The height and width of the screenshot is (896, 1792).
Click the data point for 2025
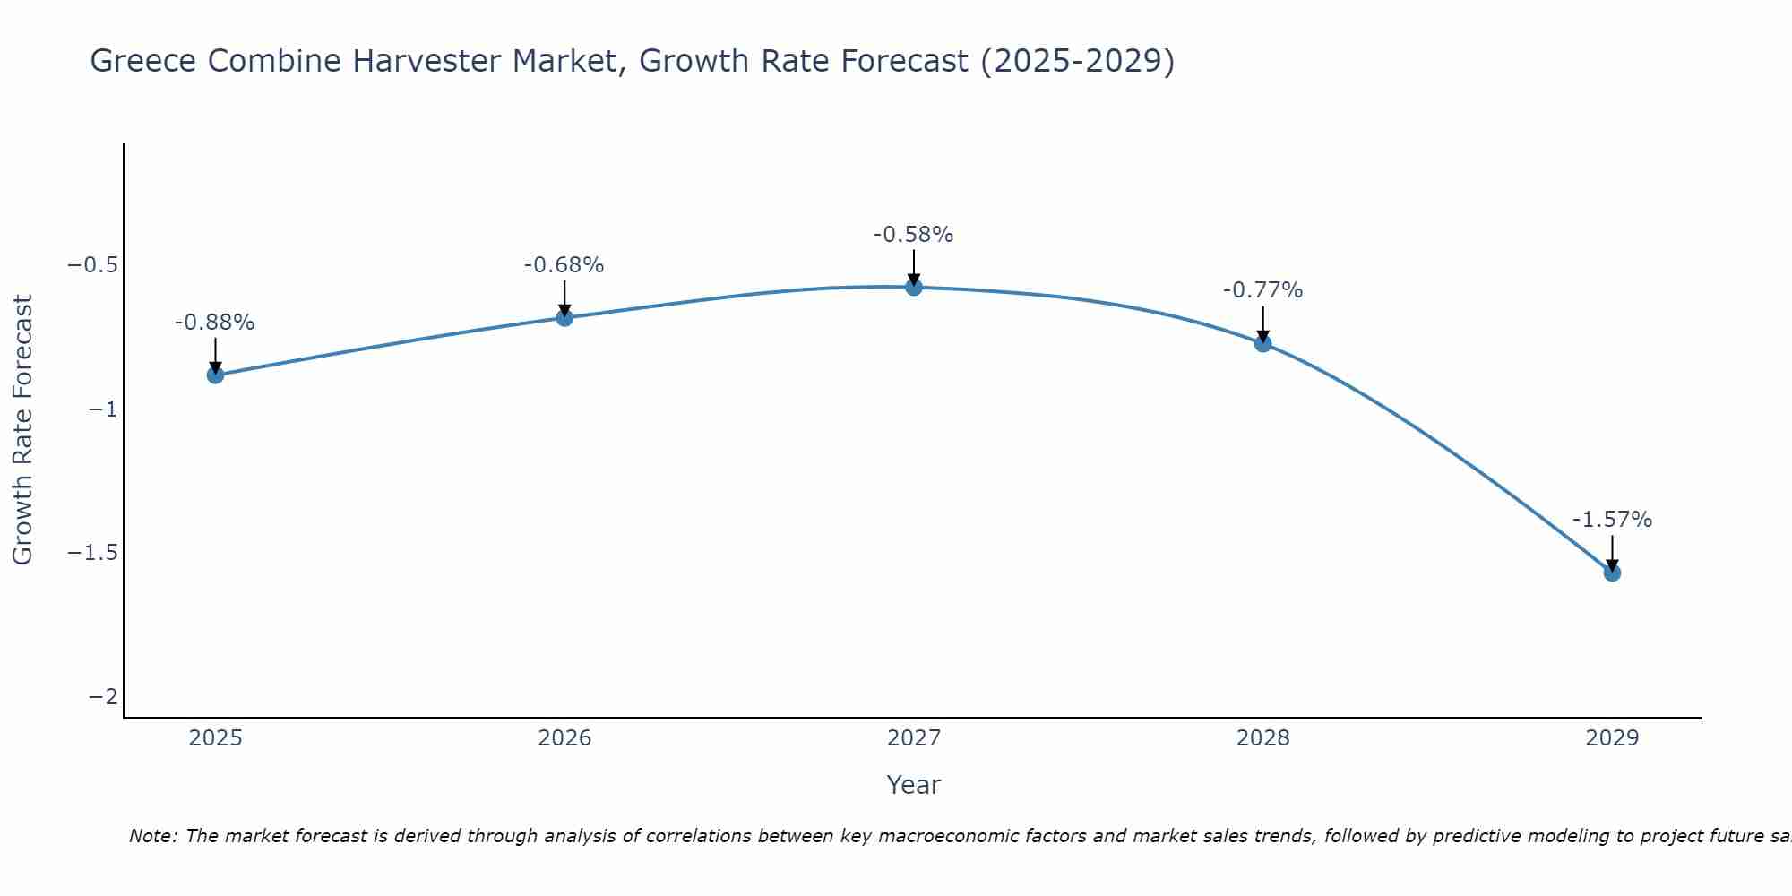pyautogui.click(x=215, y=375)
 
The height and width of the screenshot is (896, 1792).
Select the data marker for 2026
pyautogui.click(x=564, y=317)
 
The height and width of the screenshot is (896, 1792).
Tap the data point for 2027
pyautogui.click(x=914, y=288)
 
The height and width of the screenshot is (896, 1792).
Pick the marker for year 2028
pyautogui.click(x=1263, y=343)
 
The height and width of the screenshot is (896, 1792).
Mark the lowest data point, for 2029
pyautogui.click(x=1612, y=573)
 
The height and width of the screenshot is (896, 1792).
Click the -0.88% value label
pyautogui.click(x=215, y=323)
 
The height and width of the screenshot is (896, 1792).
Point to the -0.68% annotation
pyautogui.click(x=564, y=265)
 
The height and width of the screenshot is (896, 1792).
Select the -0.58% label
pyautogui.click(x=914, y=235)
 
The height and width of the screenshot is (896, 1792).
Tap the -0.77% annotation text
pyautogui.click(x=1263, y=290)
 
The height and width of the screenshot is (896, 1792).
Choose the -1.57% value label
pyautogui.click(x=1612, y=520)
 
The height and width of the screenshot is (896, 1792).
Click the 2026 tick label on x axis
pyautogui.click(x=564, y=738)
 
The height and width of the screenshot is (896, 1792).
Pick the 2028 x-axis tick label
pyautogui.click(x=1263, y=738)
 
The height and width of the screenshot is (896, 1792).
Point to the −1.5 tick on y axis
pyautogui.click(x=93, y=553)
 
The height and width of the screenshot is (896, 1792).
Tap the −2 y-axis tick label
pyautogui.click(x=103, y=696)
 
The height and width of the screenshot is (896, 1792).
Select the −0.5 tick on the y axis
pyautogui.click(x=93, y=265)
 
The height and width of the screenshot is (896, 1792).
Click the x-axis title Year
pyautogui.click(x=914, y=785)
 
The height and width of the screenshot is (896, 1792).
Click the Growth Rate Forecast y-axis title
pyautogui.click(x=23, y=430)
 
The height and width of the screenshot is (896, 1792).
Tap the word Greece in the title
pyautogui.click(x=144, y=62)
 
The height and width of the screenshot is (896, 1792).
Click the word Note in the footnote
pyautogui.click(x=153, y=836)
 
